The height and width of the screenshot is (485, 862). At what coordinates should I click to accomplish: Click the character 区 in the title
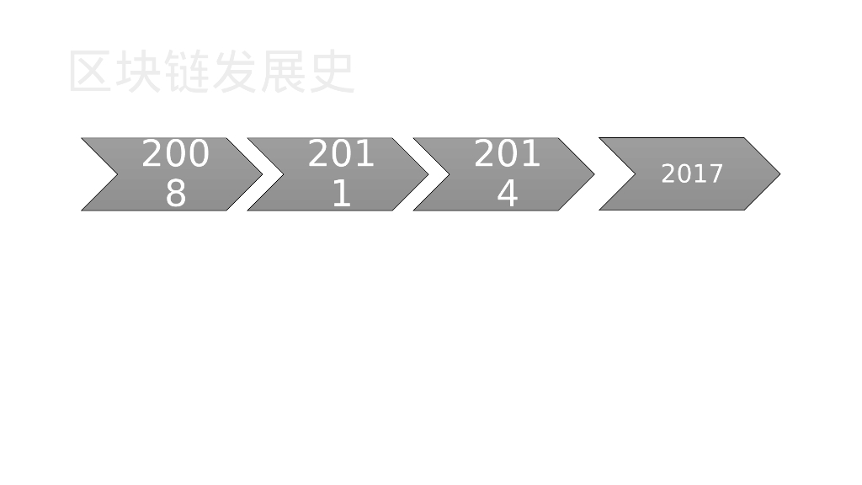tap(91, 72)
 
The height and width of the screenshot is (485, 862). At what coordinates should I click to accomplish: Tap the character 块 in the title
tap(138, 72)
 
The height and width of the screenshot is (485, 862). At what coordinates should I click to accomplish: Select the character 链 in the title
tap(186, 72)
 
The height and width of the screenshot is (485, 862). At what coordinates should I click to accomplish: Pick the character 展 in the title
tap(282, 72)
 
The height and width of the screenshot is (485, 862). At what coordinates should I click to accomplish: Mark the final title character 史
tap(331, 72)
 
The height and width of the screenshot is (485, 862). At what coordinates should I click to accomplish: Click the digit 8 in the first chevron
tap(175, 194)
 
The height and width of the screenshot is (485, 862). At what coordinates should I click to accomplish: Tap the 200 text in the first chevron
tap(175, 155)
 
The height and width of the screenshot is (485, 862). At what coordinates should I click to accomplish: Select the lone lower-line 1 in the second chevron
tap(341, 194)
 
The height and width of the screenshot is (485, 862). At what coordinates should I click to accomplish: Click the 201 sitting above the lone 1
tap(341, 155)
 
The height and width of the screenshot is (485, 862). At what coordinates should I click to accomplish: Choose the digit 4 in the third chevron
tap(507, 194)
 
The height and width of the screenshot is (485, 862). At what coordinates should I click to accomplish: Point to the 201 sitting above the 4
tap(507, 155)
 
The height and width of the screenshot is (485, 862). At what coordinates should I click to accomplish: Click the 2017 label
tap(692, 174)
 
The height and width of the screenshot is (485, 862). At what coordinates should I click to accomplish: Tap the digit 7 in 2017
tap(716, 174)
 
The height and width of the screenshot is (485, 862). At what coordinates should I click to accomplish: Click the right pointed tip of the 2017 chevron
tap(779, 174)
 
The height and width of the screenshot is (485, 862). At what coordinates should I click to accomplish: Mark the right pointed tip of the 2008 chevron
tap(261, 174)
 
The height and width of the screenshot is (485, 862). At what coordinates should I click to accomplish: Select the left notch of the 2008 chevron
tap(117, 174)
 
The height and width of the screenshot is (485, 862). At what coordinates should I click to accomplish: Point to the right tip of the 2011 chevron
tap(427, 174)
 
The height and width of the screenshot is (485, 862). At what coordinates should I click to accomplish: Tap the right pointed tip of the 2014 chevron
tap(593, 174)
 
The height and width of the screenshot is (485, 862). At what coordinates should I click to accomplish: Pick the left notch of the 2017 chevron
tap(635, 174)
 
